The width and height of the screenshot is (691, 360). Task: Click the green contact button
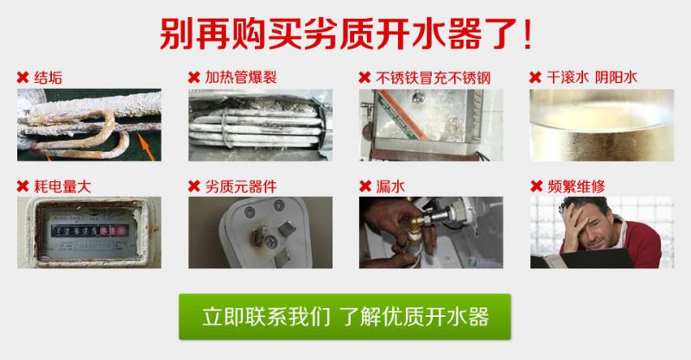pyautogui.click(x=345, y=316)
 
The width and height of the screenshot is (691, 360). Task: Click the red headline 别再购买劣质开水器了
pyautogui.click(x=346, y=35)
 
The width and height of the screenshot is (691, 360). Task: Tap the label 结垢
pyautogui.click(x=48, y=78)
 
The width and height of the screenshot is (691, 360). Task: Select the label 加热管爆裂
pyautogui.click(x=241, y=78)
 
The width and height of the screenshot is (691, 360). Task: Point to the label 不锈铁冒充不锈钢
pyautogui.click(x=434, y=78)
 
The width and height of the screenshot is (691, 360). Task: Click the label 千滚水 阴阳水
pyautogui.click(x=592, y=78)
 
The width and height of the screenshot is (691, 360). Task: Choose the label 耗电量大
pyautogui.click(x=62, y=186)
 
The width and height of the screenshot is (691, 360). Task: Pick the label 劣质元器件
pyautogui.click(x=241, y=186)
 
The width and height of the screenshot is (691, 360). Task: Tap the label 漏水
pyautogui.click(x=390, y=186)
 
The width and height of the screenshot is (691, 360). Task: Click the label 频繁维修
pyautogui.click(x=576, y=186)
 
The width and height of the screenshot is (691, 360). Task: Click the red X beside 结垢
pyautogui.click(x=23, y=78)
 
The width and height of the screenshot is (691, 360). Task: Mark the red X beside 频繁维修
pyautogui.click(x=536, y=186)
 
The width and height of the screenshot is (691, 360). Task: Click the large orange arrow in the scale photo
pyautogui.click(x=146, y=147)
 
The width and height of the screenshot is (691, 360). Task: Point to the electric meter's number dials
pyautogui.click(x=90, y=231)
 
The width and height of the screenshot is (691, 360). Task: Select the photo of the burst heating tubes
pyautogui.click(x=261, y=125)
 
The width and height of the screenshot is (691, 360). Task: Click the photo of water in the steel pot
pyautogui.click(x=601, y=125)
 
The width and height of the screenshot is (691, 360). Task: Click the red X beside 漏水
pyautogui.click(x=365, y=186)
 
